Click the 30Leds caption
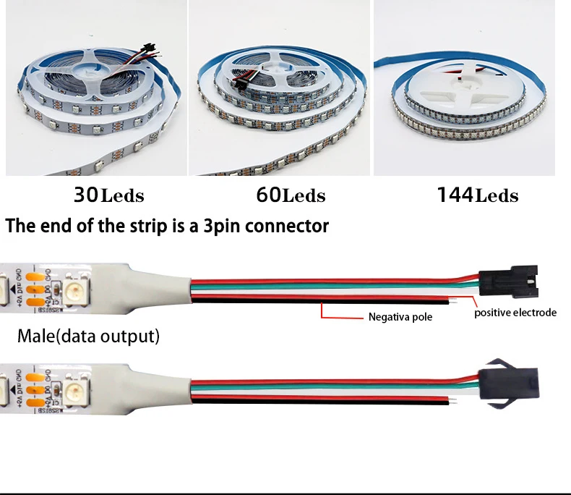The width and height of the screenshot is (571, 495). [x=108, y=195]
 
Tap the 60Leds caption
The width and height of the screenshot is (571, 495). [x=291, y=195]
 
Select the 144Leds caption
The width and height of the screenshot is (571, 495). [x=477, y=195]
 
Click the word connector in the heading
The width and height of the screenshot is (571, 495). [x=286, y=227]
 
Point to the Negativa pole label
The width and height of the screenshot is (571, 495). [x=400, y=316]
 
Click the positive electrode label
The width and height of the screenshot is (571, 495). [x=515, y=313]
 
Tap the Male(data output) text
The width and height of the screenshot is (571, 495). [x=88, y=337]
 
